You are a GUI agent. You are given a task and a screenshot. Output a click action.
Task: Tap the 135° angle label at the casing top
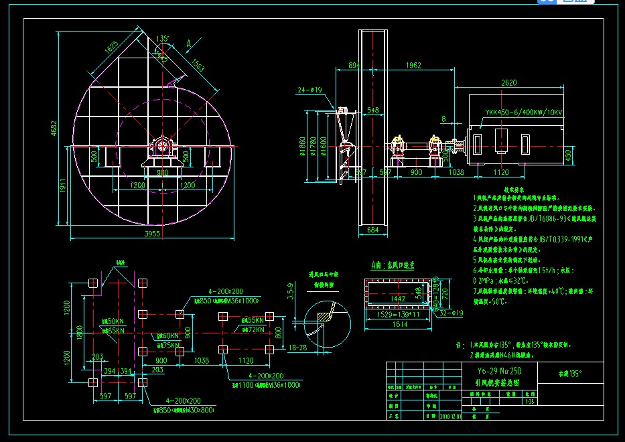tap(162, 39)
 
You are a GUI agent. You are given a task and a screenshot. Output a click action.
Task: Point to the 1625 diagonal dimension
tap(111, 48)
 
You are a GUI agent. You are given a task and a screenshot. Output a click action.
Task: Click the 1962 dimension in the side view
tap(413, 66)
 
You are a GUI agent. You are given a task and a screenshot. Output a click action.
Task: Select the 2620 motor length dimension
tap(509, 83)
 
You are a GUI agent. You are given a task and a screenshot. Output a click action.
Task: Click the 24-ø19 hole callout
tap(309, 89)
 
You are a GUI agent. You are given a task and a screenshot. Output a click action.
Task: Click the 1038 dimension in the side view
tap(456, 173)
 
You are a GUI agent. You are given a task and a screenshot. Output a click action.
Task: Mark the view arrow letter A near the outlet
tap(189, 44)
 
